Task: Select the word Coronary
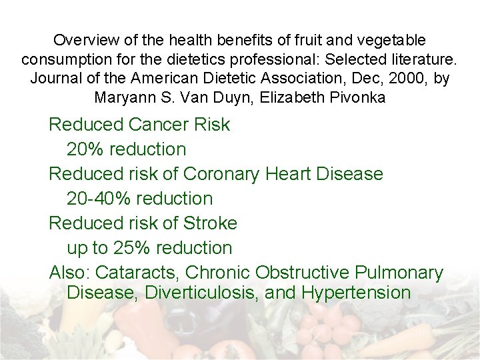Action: pos(221,174)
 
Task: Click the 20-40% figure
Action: pos(98,199)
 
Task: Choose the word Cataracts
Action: pos(139,273)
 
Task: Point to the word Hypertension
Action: pos(356,292)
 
